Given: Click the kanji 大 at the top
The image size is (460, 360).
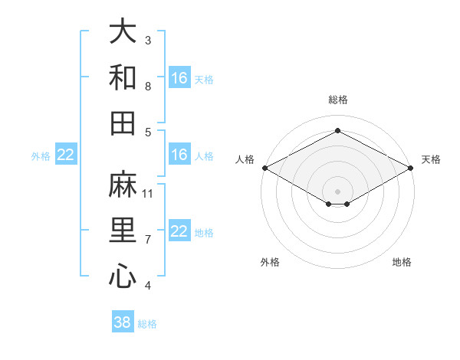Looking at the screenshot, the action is (123, 31).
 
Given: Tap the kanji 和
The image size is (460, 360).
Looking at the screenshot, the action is (123, 77).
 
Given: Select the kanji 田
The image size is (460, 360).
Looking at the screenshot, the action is (123, 123).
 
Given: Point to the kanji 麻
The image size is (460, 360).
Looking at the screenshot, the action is (123, 184).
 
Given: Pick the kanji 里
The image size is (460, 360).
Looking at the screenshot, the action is (123, 230).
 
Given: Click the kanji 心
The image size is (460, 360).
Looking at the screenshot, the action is (123, 276).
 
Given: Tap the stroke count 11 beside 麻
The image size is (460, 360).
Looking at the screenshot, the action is (147, 194).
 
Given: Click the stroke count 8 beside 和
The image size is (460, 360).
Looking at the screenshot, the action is (148, 87).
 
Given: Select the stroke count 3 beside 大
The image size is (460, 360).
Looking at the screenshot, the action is (148, 40).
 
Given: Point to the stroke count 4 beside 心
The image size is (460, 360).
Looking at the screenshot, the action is (148, 285).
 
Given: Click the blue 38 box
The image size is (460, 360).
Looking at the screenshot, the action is (123, 321).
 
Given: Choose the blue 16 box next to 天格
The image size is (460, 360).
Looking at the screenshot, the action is (179, 77).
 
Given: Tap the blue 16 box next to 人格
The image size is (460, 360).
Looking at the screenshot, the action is (179, 154).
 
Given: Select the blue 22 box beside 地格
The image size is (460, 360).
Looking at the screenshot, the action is (179, 230).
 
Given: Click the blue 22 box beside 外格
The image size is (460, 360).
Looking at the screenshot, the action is (66, 154).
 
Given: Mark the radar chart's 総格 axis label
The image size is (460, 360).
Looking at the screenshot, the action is (338, 100).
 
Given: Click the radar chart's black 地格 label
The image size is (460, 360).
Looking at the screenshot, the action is (402, 262).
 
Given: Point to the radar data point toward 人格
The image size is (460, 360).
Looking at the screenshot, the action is (265, 168).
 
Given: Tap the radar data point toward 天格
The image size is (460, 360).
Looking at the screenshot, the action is (411, 168).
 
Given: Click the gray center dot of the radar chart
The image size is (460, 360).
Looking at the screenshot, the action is (337, 191).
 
